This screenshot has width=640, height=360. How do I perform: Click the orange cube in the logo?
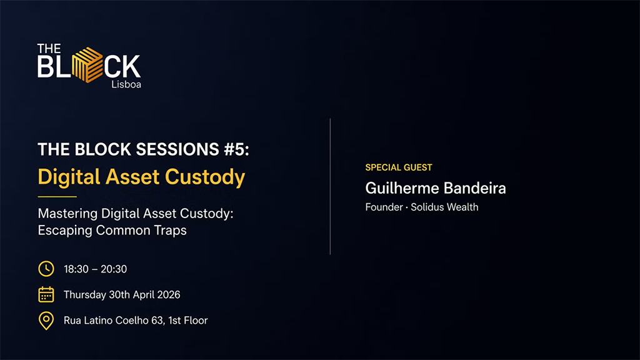(87, 64)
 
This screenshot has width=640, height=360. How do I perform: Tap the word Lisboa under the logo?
(126, 84)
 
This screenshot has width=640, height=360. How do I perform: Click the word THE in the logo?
(49, 49)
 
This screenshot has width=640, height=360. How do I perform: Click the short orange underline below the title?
(57, 196)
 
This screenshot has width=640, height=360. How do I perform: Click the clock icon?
(46, 269)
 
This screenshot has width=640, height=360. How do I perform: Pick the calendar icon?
(46, 294)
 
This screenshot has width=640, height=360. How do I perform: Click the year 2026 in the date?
(167, 294)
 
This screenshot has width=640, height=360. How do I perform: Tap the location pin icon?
(46, 321)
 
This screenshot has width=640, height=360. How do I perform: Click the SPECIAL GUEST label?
(398, 167)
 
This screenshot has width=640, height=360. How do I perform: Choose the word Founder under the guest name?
(384, 207)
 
